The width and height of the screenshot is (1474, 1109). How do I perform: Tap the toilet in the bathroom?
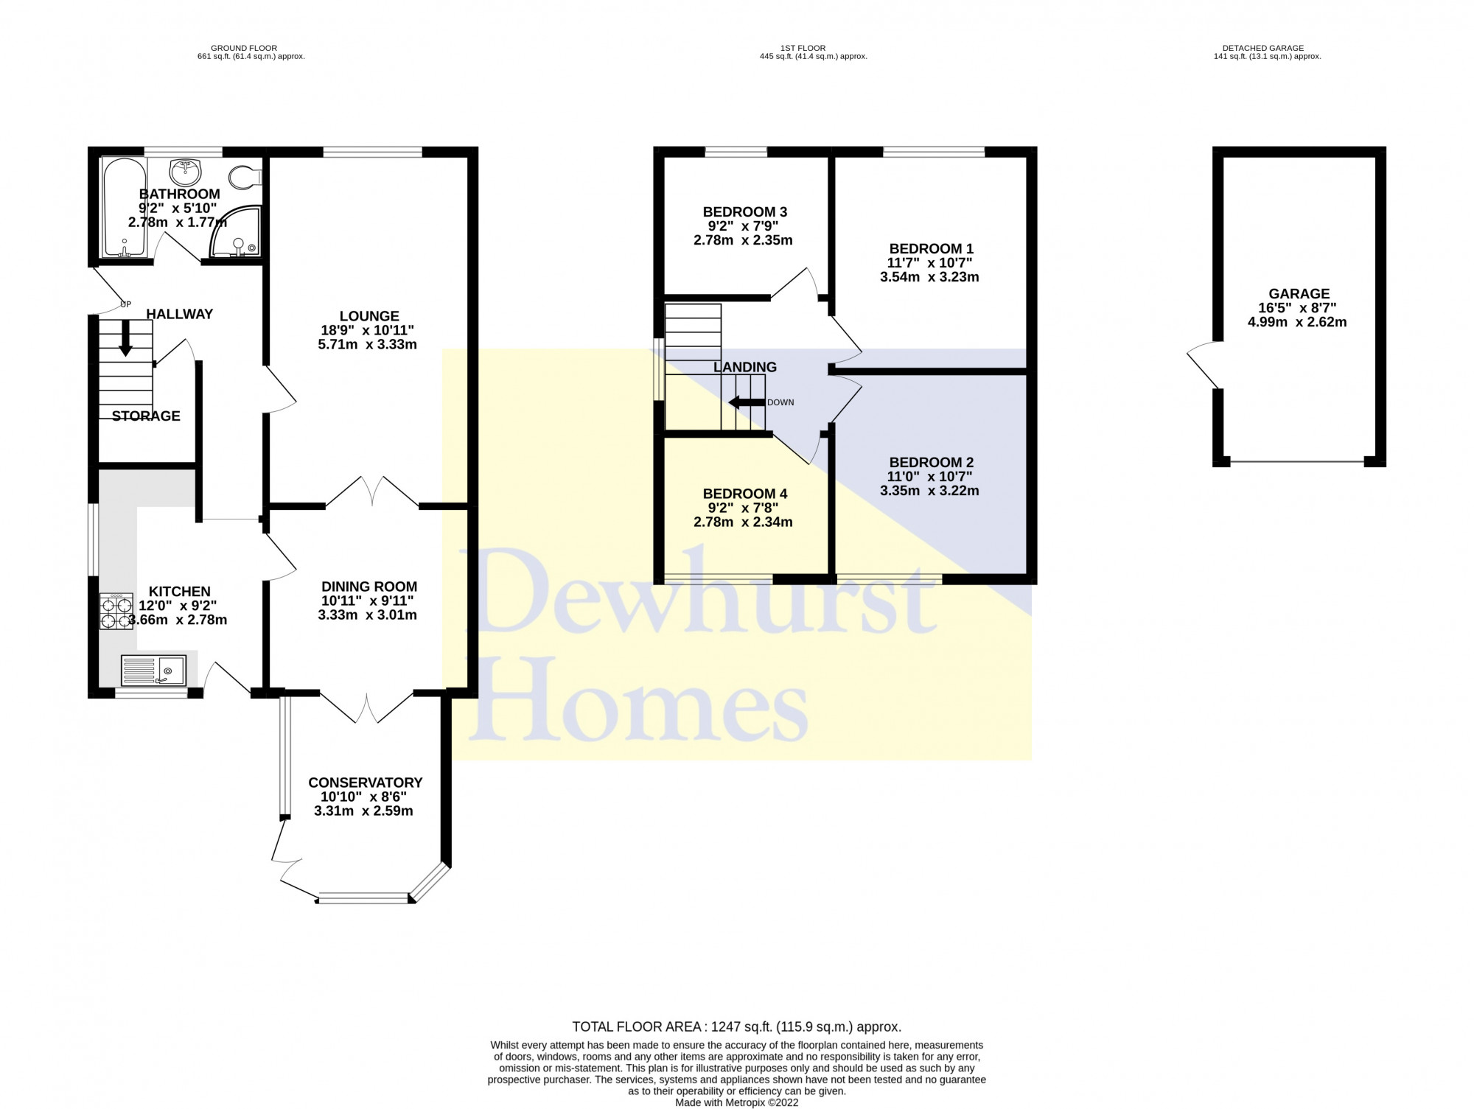(x=244, y=177)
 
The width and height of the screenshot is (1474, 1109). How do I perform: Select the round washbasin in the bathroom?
(x=185, y=172)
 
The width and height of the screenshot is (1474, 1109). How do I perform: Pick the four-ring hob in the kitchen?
(x=116, y=611)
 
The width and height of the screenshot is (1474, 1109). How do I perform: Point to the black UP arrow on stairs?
(x=126, y=338)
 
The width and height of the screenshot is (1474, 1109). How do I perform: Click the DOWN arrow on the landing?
(x=745, y=402)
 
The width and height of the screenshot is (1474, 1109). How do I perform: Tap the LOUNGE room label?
(x=369, y=316)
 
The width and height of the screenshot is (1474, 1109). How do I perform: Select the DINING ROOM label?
(x=369, y=587)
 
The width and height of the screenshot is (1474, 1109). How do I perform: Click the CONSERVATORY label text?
(x=365, y=783)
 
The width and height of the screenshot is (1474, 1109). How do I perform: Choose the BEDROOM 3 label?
(x=744, y=212)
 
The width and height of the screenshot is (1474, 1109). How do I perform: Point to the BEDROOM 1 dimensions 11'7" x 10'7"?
(x=929, y=263)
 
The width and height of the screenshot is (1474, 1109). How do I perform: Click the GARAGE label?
(x=1299, y=294)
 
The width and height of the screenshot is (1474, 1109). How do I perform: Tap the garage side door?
(x=1202, y=365)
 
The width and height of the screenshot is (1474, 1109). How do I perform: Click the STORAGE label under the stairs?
(x=146, y=416)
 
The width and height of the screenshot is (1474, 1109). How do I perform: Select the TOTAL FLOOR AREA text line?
(x=736, y=1026)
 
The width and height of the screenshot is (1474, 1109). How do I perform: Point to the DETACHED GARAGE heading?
(x=1268, y=48)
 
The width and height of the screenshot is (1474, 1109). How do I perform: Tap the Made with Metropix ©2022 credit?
(x=736, y=1102)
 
